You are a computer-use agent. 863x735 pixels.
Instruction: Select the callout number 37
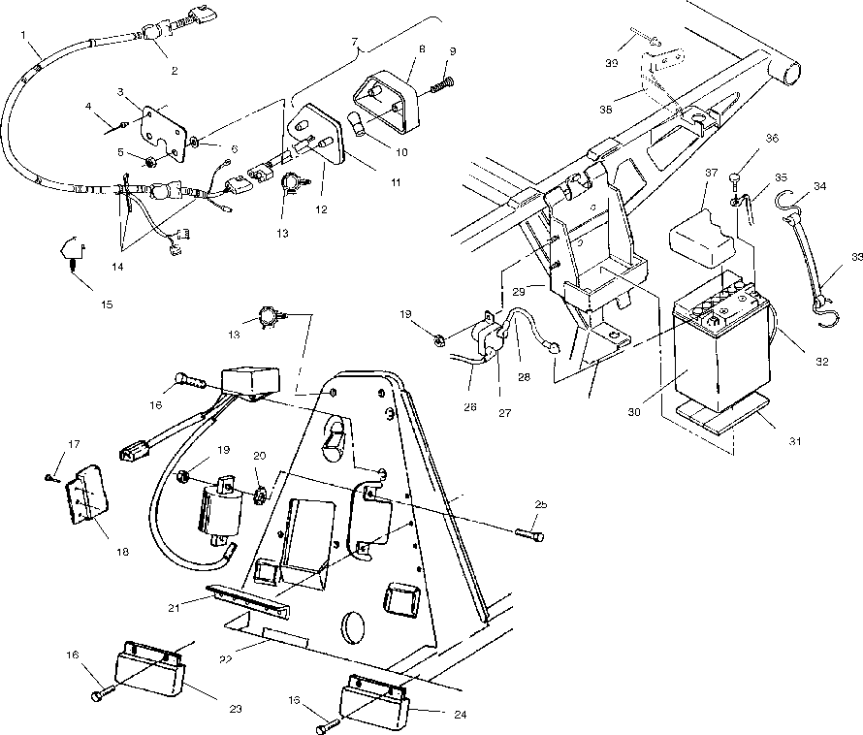click(711, 173)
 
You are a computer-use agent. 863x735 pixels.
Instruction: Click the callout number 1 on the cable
click(22, 33)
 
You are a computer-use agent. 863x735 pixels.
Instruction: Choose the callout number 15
click(106, 304)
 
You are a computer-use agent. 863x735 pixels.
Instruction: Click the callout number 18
click(121, 552)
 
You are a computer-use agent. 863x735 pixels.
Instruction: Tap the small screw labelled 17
click(49, 476)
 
